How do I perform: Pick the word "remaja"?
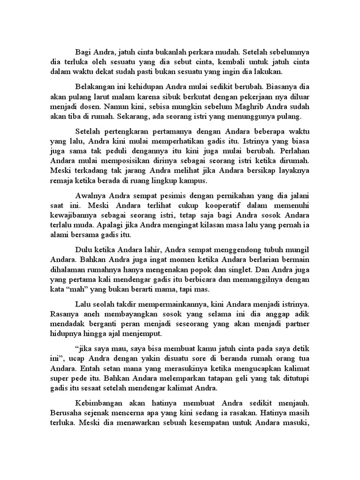(62, 181)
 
